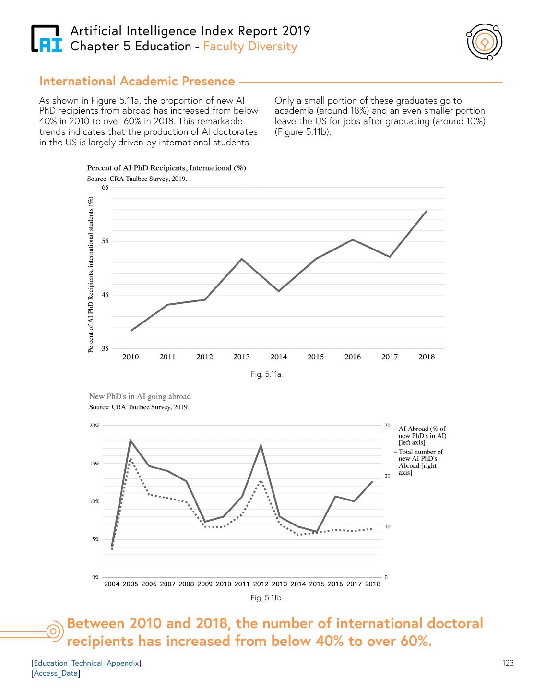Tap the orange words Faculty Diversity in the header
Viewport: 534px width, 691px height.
point(250,47)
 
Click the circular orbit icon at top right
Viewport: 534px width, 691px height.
point(484,43)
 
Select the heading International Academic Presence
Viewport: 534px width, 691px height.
point(137,82)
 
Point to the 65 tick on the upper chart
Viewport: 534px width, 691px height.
point(105,188)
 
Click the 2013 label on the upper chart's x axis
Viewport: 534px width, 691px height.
point(241,357)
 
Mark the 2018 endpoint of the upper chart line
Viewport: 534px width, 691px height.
point(427,211)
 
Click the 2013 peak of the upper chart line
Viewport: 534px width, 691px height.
point(241,259)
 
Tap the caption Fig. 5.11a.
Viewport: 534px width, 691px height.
point(266,374)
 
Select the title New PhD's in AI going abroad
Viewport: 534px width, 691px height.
point(140,397)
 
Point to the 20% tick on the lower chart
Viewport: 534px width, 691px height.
point(95,426)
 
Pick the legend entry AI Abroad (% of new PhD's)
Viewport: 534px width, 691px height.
point(422,435)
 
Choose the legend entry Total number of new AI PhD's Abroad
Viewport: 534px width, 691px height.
point(420,462)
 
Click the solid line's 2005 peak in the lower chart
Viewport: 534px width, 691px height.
point(131,440)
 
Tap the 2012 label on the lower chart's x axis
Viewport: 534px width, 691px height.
point(261,584)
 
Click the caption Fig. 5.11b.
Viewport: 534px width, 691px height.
point(266,598)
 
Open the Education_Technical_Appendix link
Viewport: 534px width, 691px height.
point(86,663)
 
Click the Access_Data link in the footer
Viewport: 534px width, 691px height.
point(56,673)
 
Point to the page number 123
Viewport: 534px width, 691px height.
point(508,663)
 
